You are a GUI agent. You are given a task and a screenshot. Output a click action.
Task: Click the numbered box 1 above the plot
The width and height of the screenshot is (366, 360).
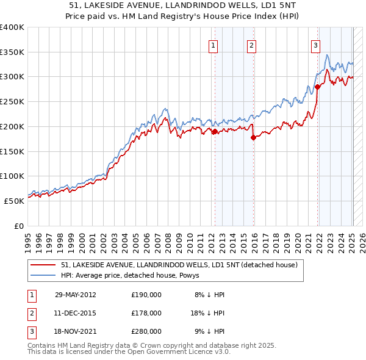pyautogui.click(x=213, y=45)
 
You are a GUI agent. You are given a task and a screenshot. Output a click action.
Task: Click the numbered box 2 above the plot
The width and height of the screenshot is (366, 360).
pyautogui.click(x=251, y=45)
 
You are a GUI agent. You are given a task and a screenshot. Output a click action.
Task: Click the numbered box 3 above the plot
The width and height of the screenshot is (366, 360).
pyautogui.click(x=316, y=45)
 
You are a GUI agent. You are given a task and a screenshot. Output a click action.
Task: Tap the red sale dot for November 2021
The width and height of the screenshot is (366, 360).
pyautogui.click(x=318, y=87)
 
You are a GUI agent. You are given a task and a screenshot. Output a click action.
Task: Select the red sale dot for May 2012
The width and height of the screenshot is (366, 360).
pyautogui.click(x=215, y=132)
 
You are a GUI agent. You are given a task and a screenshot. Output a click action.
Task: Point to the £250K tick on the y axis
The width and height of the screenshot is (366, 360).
pyautogui.click(x=12, y=101)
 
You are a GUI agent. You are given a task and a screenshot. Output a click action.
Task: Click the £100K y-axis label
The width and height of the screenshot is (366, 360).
pyautogui.click(x=12, y=176)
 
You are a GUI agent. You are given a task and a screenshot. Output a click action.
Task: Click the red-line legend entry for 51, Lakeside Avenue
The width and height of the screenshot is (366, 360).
pyautogui.click(x=179, y=265)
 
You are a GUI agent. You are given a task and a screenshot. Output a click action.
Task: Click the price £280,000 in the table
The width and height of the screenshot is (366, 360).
pyautogui.click(x=146, y=331)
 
